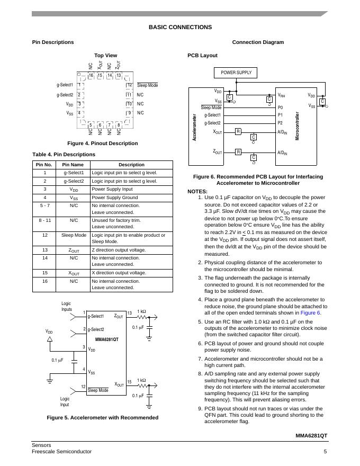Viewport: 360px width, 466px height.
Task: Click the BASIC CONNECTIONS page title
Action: [180, 27]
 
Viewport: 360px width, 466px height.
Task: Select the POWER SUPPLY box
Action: [236, 73]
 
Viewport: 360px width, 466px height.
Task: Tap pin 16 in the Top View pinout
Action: [91, 76]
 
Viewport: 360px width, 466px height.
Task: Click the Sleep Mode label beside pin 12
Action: [147, 85]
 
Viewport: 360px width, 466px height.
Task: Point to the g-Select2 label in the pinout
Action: [65, 95]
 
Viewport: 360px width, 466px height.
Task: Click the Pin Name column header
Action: [73, 165]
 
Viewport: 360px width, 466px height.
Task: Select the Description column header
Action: [131, 165]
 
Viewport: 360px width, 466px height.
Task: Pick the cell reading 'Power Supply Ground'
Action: [115, 197]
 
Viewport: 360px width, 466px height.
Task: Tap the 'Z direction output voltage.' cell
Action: [120, 250]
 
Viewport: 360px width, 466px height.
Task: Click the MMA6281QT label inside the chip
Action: [107, 339]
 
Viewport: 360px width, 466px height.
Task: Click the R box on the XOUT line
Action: [238, 132]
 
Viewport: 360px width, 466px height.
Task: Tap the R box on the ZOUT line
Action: [238, 152]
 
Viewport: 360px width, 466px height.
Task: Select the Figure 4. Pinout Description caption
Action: [103, 144]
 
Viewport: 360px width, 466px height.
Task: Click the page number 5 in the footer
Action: [326, 452]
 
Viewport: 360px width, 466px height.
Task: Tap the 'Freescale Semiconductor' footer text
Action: [62, 452]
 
